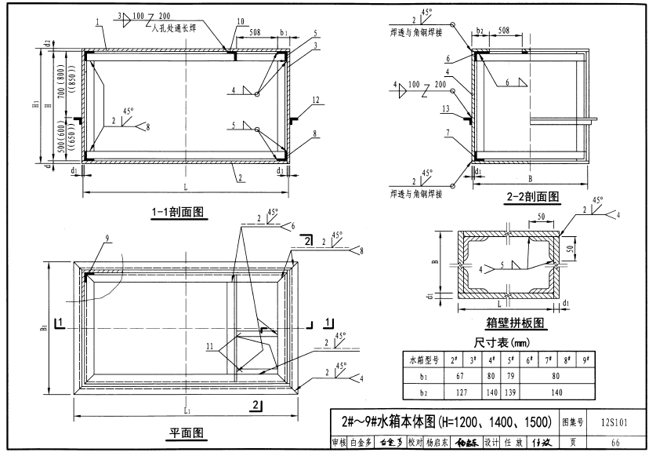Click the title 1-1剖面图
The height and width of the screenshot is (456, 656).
click(178, 211)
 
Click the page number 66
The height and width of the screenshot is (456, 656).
click(615, 443)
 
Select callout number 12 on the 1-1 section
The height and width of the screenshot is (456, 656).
click(315, 100)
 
